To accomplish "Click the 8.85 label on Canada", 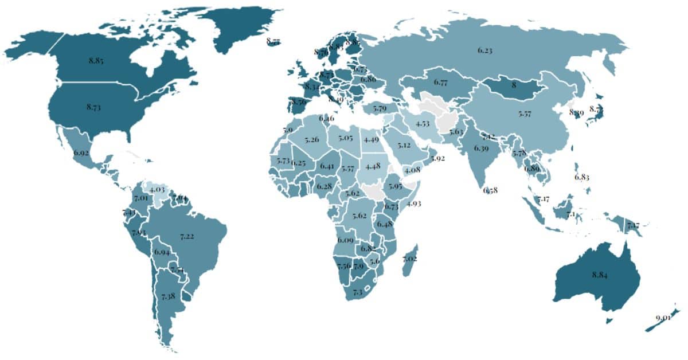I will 96,60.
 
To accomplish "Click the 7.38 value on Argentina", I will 169,296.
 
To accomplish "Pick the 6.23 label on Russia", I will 485,50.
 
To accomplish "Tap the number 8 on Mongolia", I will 514,84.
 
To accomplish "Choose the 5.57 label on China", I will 524,114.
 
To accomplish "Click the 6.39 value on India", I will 482,148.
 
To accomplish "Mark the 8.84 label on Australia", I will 600,275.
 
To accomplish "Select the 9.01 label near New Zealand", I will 663,317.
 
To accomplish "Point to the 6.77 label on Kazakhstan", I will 440,83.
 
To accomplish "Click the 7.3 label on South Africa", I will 358,292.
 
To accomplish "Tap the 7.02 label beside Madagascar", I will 410,259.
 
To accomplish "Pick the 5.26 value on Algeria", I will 312,139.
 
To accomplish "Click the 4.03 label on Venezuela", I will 157,189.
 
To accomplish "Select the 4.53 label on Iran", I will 423,124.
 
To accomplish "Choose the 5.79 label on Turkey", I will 380,108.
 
